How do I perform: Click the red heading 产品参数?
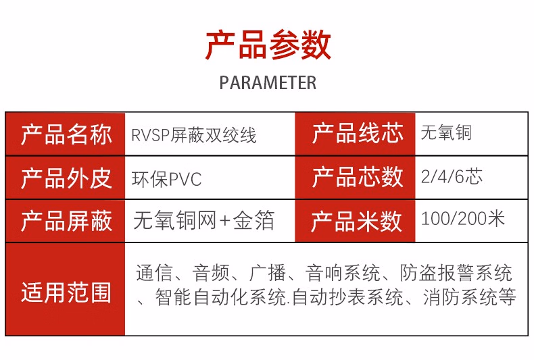[268, 45]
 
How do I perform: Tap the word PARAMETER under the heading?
[268, 82]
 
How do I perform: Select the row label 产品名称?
[66, 134]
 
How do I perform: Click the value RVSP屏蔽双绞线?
[193, 135]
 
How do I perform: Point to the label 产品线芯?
[358, 133]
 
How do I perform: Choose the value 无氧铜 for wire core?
[446, 132]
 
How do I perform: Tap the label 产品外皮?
[66, 178]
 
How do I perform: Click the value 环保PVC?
[166, 179]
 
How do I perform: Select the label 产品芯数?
[358, 177]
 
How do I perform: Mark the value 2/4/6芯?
[452, 176]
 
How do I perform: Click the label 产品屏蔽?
[66, 221]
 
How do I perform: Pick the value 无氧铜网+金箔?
[203, 220]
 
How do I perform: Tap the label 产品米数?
[357, 222]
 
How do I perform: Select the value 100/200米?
[463, 218]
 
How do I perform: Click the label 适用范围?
[66, 292]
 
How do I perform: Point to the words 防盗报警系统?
[456, 273]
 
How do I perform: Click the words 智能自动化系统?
[220, 298]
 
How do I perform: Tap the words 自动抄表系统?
[347, 298]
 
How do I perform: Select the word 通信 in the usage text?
[154, 273]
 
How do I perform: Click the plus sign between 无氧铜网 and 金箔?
[225, 221]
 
